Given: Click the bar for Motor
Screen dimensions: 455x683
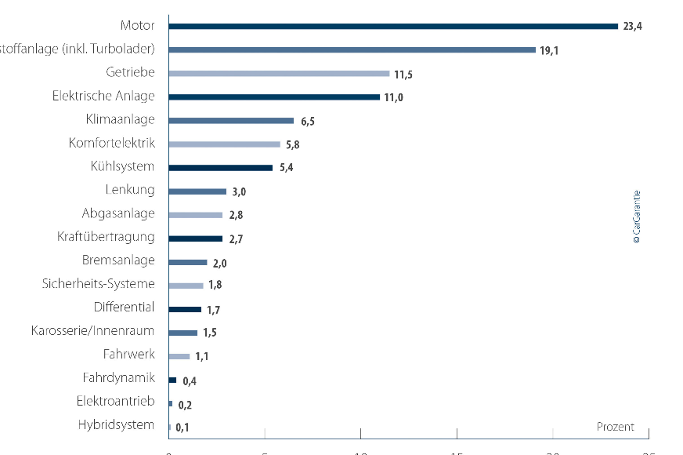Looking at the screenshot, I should (x=393, y=26).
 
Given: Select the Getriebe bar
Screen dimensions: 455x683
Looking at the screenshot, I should (x=279, y=73).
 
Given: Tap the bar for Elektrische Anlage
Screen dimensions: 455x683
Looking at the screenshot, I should (x=274, y=96).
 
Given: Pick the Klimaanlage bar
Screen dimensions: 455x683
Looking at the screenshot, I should (x=231, y=121).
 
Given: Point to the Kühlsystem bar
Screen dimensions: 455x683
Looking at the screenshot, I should (x=221, y=167).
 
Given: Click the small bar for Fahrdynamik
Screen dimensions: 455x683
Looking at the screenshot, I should (x=172, y=380).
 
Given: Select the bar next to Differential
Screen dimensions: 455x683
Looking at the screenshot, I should (x=185, y=308).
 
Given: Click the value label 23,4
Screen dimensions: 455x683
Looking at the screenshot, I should (x=632, y=27).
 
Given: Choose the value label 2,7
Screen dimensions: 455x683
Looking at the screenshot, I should (x=236, y=238).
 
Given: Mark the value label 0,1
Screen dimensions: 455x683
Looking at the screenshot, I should (x=182, y=428).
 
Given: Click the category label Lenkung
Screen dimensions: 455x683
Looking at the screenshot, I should (x=130, y=190).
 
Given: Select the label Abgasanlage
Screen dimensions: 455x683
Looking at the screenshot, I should (x=118, y=213).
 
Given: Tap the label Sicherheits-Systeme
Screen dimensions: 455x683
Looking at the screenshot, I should (x=99, y=284).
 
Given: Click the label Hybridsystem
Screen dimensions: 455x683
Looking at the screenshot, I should (x=117, y=425).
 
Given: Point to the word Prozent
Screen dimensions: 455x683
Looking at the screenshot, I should (x=615, y=427).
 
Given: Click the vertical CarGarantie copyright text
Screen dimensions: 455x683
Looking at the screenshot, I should (x=636, y=217).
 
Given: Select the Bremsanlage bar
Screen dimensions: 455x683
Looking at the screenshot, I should (x=188, y=262).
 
